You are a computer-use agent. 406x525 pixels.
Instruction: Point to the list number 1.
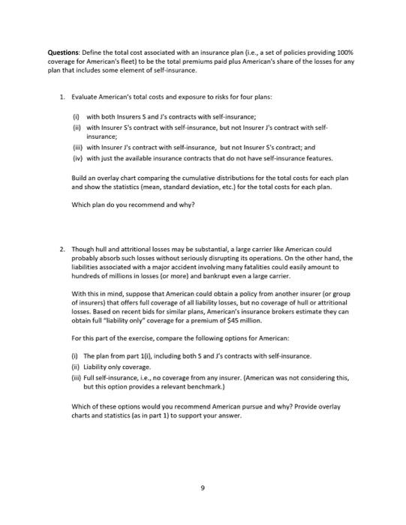61,97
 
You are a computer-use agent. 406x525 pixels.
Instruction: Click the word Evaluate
86,97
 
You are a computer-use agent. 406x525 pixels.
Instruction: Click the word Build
80,177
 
